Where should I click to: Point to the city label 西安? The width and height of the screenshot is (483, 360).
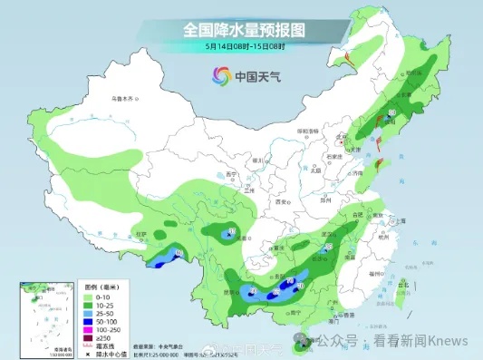[269, 206]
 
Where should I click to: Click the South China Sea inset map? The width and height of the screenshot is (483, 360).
[39, 315]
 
